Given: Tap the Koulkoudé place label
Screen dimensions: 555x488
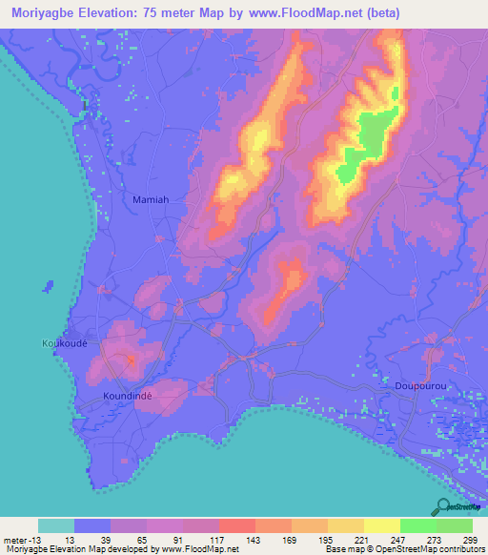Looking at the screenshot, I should coord(65,343).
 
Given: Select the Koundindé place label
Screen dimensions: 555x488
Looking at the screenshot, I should coord(128,393).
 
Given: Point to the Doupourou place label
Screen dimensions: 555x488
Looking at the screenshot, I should coord(420,385).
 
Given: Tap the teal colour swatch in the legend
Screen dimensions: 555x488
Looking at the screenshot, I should coord(56,525).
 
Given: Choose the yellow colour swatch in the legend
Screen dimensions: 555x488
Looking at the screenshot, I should coord(382,525).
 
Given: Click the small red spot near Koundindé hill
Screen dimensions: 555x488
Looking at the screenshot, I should coord(131,359).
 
